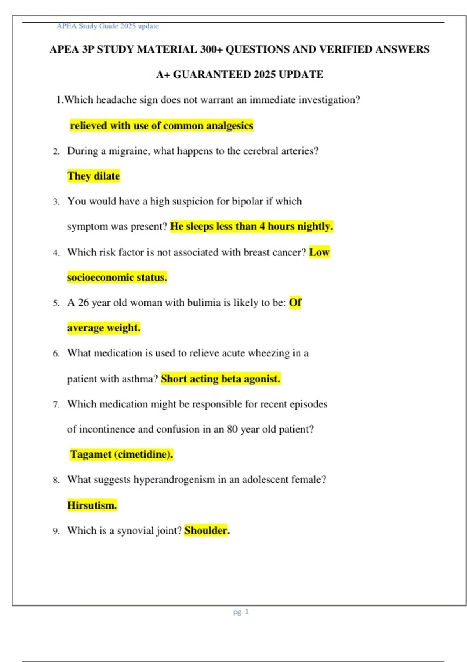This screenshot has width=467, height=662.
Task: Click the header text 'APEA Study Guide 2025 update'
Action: coord(107,26)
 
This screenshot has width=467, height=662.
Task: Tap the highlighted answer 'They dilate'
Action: coord(93,176)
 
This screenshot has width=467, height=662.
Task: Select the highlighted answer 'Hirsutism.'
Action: coord(92,505)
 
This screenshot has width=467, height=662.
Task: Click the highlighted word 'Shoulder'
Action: coord(206,530)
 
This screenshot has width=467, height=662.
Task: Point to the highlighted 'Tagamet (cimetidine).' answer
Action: coord(121,454)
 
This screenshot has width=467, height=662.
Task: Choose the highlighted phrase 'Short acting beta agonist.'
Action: coord(220,379)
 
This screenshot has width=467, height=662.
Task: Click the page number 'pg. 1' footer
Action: coord(241,612)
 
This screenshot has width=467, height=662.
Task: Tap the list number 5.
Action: coord(56,303)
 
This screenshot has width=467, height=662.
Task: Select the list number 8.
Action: coord(56,480)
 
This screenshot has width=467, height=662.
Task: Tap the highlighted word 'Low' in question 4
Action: coord(319,252)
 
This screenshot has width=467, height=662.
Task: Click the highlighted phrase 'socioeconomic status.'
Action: coord(117,277)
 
